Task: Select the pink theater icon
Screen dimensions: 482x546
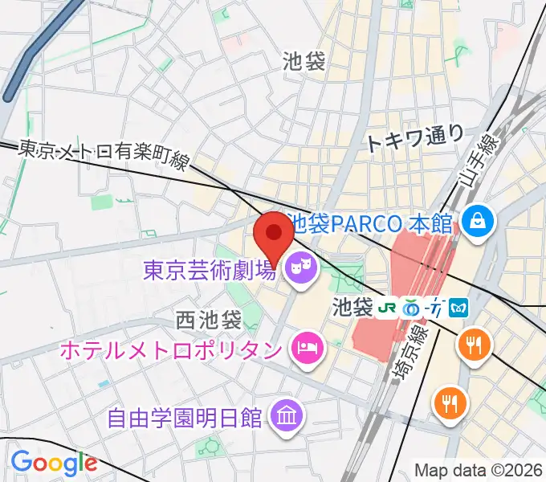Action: point(302,264)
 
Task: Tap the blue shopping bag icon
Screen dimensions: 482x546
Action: point(477,219)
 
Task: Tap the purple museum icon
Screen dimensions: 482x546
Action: point(287,415)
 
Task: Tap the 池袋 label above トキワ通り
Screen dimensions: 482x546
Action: point(304,62)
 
